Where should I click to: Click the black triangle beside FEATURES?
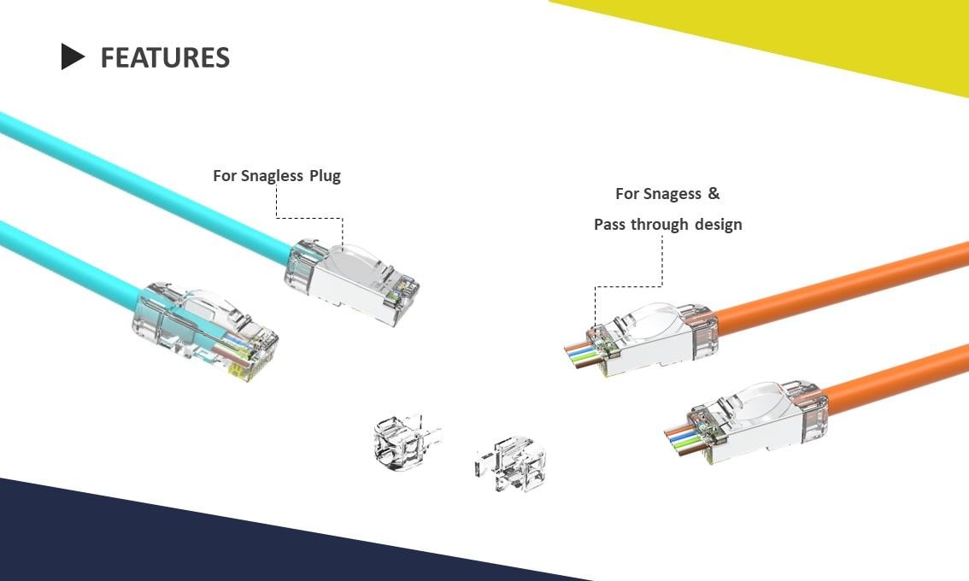pos(72,57)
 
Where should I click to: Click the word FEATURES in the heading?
pos(165,57)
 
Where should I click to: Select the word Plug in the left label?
pos(325,176)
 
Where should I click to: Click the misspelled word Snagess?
pos(670,194)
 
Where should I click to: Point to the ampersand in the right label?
pos(714,194)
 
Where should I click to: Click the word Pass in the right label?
pos(610,225)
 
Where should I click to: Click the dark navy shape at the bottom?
pos(171,538)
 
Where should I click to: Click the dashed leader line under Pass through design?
pos(662,265)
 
